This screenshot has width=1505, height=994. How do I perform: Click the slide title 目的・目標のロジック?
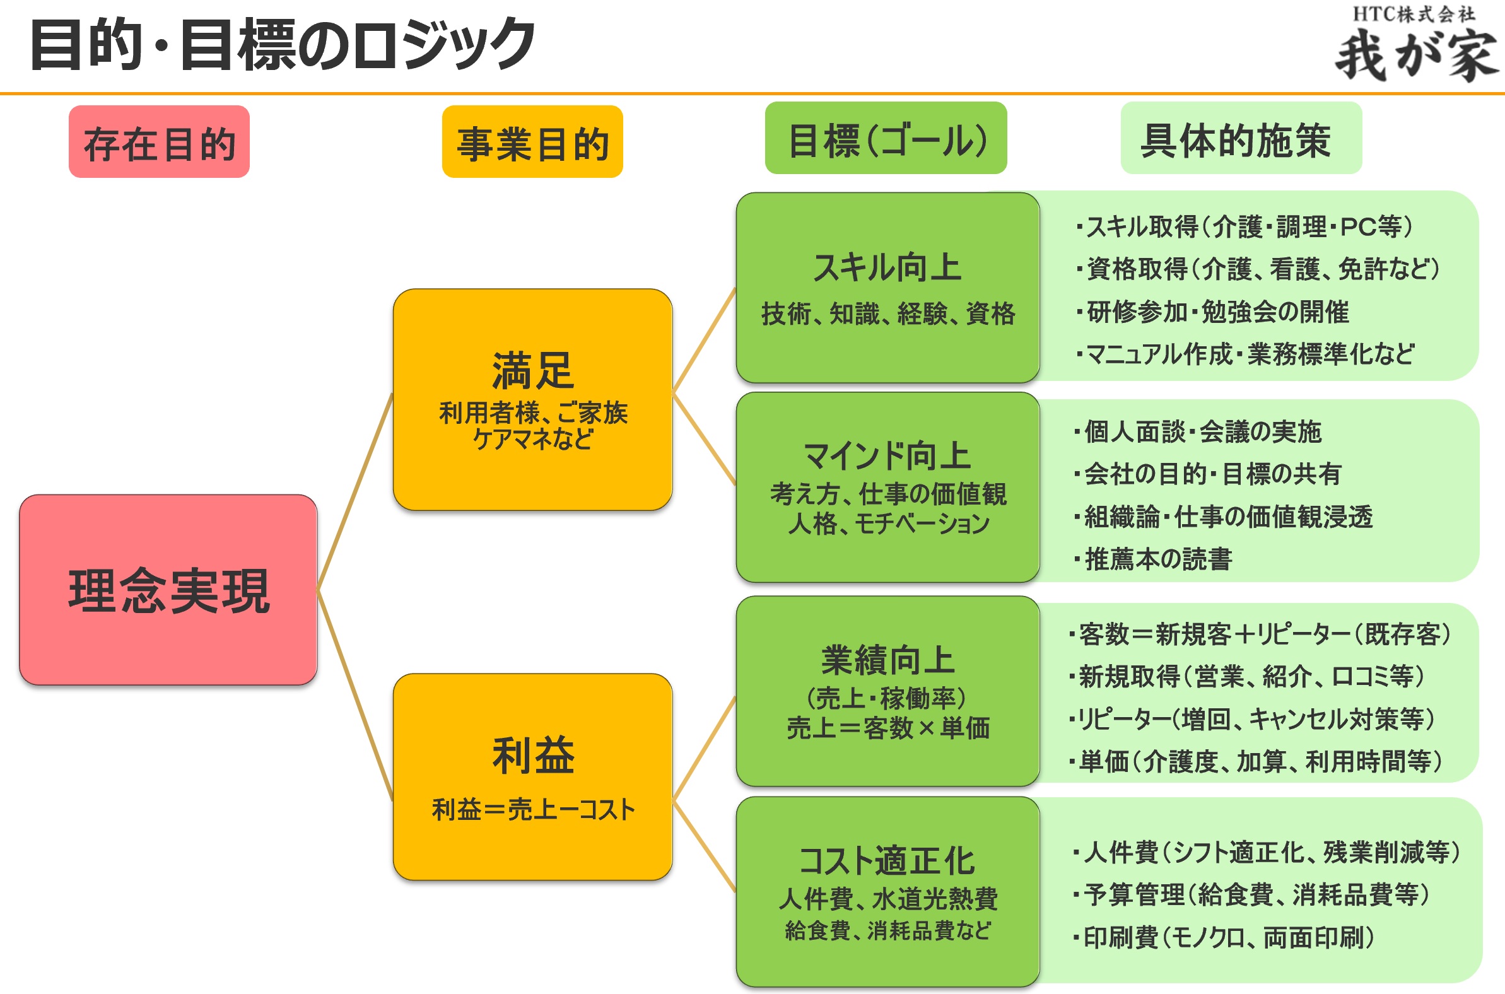pos(283,44)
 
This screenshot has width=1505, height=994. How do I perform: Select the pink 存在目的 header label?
pos(159,142)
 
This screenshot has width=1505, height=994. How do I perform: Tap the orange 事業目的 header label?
pos(532,142)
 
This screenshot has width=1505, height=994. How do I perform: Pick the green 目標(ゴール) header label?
pos(886,139)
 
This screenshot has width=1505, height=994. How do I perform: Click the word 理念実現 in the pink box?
pos(168,591)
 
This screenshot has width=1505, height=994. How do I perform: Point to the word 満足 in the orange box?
pos(532,371)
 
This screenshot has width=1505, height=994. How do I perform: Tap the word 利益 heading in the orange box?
pos(532,755)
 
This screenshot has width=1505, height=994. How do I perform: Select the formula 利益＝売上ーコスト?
pos(532,810)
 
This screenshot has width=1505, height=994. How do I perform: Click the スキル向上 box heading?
pos(887,267)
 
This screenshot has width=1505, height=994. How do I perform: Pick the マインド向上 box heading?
pos(887,456)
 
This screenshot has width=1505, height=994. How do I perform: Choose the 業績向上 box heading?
pos(887,660)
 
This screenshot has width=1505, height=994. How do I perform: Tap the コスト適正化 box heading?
pos(887,860)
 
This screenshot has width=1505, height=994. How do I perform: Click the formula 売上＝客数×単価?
pos(887,728)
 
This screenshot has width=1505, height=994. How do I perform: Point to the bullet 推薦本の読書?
pos(1157,559)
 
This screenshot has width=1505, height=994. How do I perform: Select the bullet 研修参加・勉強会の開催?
pos(1217,312)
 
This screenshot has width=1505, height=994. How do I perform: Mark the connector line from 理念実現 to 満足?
pos(355,492)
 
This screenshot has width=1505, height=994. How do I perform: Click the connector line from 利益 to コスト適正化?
pos(704,847)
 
